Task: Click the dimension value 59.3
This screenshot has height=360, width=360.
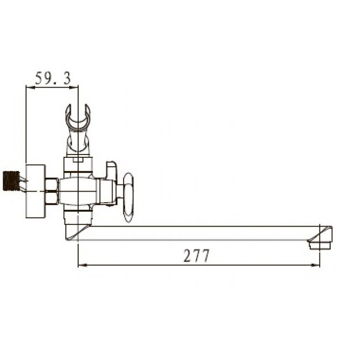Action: (53, 79)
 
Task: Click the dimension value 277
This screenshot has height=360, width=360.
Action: (197, 256)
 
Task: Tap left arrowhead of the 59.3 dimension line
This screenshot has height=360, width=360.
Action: (29, 88)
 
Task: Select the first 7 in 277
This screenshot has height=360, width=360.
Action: (197, 256)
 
